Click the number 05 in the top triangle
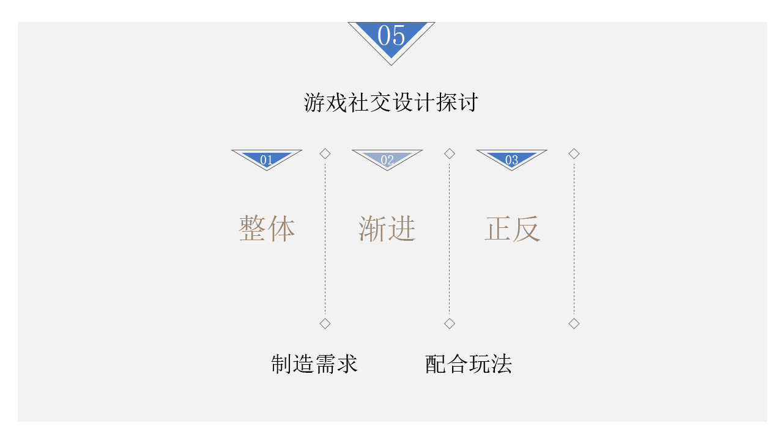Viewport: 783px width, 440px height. [391, 35]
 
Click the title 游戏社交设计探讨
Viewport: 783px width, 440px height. [391, 102]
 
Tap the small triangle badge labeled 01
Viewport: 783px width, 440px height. [267, 159]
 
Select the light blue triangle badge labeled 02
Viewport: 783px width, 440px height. [387, 159]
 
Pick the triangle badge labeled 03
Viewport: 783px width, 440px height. [511, 159]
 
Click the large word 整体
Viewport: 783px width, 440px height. [267, 229]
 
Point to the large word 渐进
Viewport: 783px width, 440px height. [387, 229]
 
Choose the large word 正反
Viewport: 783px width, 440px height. [512, 229]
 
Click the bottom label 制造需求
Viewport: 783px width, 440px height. [314, 364]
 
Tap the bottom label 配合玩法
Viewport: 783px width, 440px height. [468, 364]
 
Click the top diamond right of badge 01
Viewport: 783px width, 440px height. [325, 154]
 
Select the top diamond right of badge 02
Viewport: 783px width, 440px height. [450, 154]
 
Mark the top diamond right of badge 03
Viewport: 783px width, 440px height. [574, 154]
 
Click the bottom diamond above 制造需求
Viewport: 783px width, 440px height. [325, 323]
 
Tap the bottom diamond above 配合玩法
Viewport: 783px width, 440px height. [450, 323]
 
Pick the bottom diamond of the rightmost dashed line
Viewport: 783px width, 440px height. [574, 323]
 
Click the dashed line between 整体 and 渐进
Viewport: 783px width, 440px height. [325, 238]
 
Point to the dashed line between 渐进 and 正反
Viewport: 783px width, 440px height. [450, 238]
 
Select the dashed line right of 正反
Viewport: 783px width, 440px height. [574, 238]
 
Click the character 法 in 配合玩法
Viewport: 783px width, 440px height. [502, 364]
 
